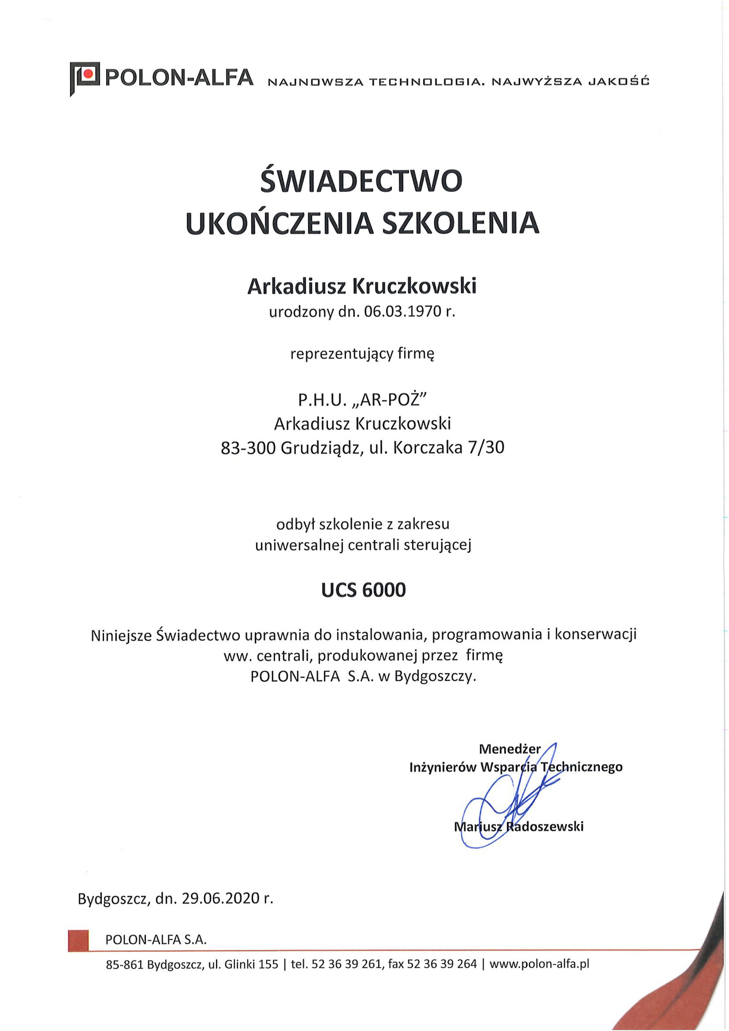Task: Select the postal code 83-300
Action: click(248, 448)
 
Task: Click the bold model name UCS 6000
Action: click(363, 590)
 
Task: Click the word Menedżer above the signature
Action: click(510, 749)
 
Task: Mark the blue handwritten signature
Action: click(508, 804)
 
